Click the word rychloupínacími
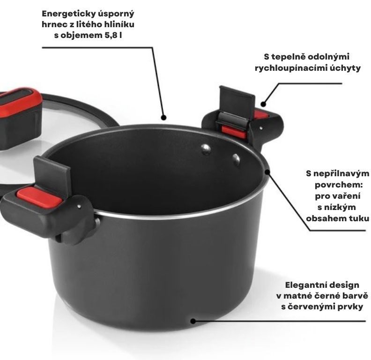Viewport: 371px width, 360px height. [289, 68]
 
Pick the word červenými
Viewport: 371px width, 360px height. [309, 307]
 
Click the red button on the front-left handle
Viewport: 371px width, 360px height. [39, 197]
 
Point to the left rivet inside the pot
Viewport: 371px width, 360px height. [206, 150]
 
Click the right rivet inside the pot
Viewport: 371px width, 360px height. [236, 159]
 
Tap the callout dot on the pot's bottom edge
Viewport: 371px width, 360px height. [193, 321]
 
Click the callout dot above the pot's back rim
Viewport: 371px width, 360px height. [163, 117]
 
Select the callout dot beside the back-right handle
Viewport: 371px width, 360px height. [263, 104]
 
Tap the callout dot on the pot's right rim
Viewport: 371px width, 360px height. [267, 172]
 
